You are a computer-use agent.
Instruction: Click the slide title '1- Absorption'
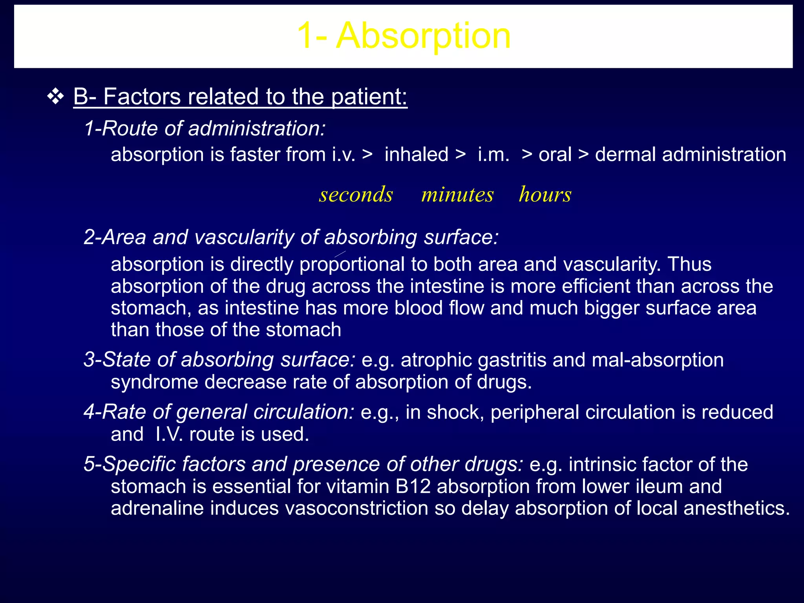coord(403,36)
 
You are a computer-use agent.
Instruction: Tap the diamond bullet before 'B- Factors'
coord(55,97)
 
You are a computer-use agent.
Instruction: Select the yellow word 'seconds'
coord(356,194)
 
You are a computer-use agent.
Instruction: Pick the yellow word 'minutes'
coord(457,194)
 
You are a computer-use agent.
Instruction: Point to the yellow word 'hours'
coord(545,194)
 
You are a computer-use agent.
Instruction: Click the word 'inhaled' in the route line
coord(416,154)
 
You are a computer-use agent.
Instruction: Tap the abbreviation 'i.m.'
coord(493,154)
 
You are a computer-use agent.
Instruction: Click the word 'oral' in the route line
coord(555,154)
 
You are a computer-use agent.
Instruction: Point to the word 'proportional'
coord(352,264)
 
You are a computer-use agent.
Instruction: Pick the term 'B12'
coord(413,486)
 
